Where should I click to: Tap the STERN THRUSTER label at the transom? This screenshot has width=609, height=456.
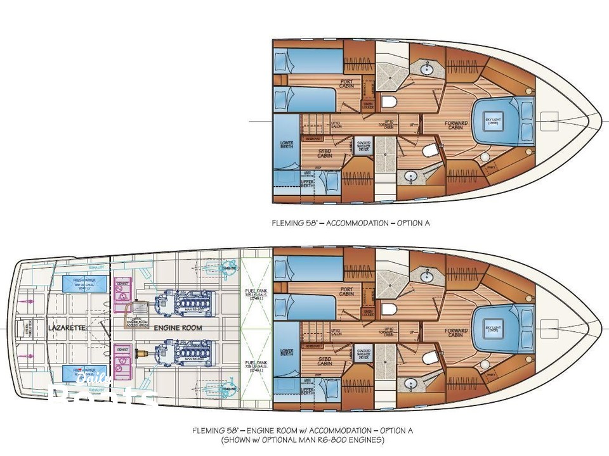[x=27, y=328]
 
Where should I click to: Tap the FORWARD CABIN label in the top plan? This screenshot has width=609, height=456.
[x=456, y=126]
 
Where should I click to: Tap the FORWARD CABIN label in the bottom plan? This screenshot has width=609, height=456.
[x=456, y=332]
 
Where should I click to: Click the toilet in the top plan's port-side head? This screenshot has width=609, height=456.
[x=390, y=103]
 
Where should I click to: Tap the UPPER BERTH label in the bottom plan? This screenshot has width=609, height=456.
[x=307, y=391]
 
